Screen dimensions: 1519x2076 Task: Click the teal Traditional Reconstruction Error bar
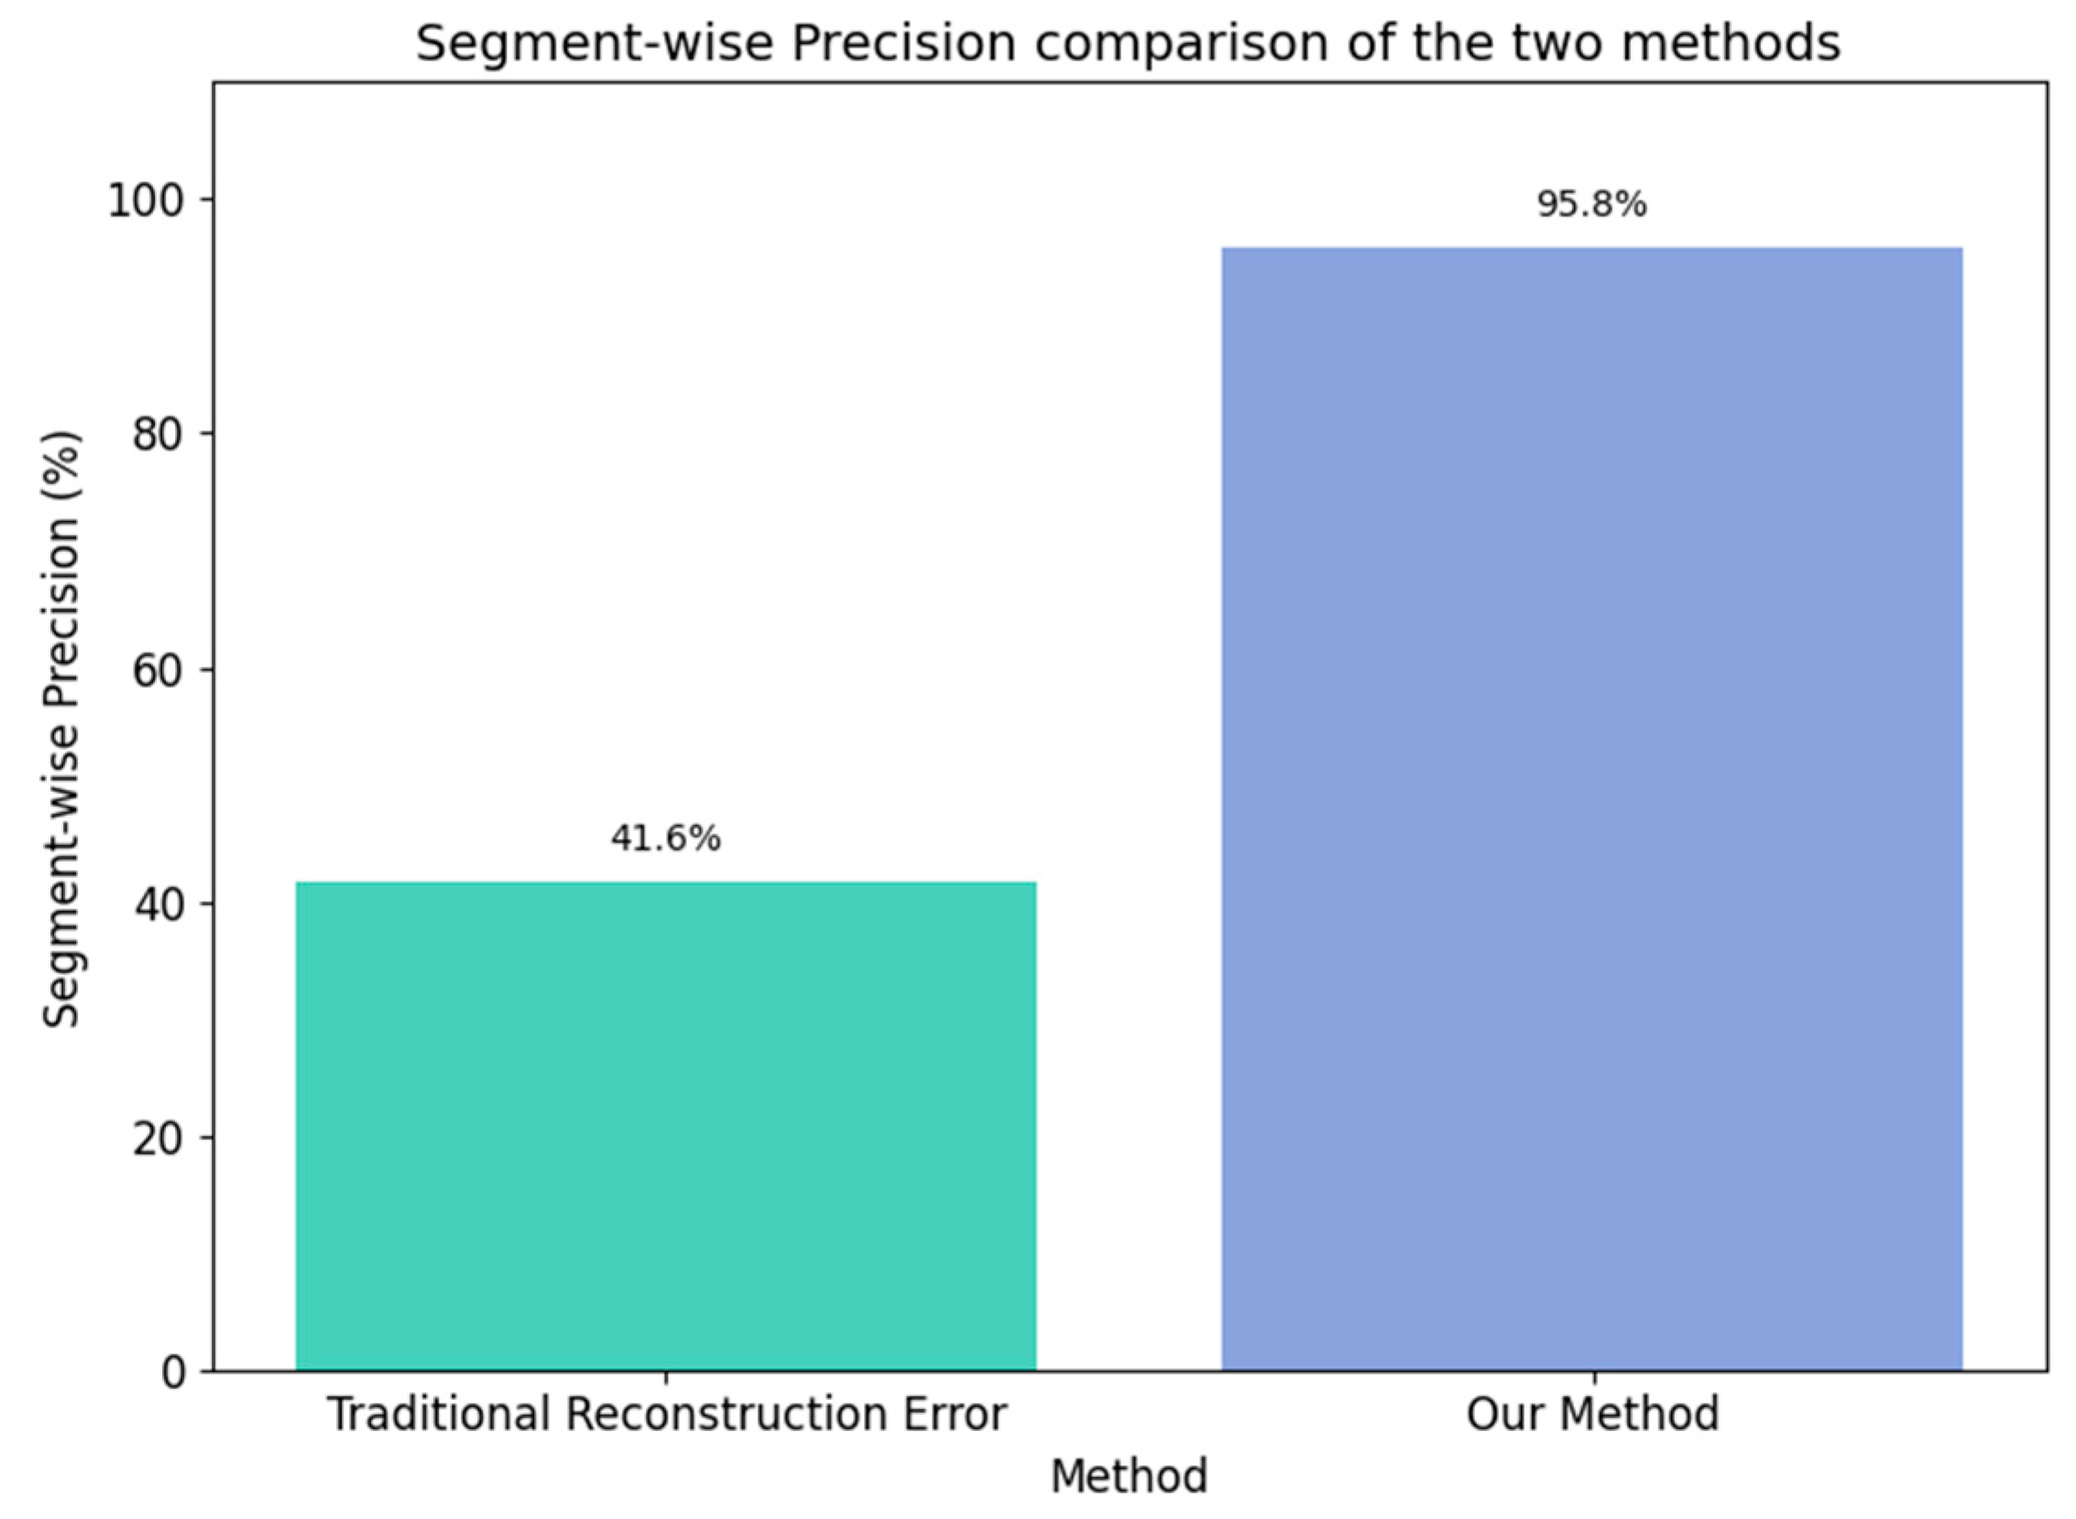tap(665, 1125)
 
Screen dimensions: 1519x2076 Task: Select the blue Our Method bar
tap(1591, 809)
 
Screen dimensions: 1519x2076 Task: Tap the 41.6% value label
tap(665, 839)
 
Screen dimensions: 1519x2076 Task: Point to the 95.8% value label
tap(1591, 204)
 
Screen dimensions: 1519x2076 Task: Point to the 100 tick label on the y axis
tap(148, 201)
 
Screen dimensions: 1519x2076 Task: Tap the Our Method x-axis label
tap(1591, 1415)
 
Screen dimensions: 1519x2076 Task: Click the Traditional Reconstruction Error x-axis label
tap(667, 1415)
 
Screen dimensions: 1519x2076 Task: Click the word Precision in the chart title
tap(903, 44)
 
